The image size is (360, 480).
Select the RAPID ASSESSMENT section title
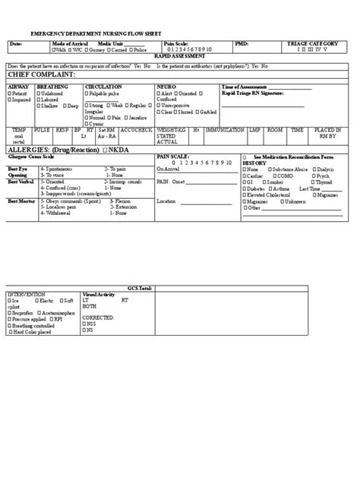179,56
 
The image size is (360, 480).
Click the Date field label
16,45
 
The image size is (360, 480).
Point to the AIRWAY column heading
18,87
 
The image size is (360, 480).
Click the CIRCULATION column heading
103,87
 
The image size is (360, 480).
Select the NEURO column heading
166,87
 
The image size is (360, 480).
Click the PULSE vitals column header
43,130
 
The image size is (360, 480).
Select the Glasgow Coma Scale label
29,156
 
